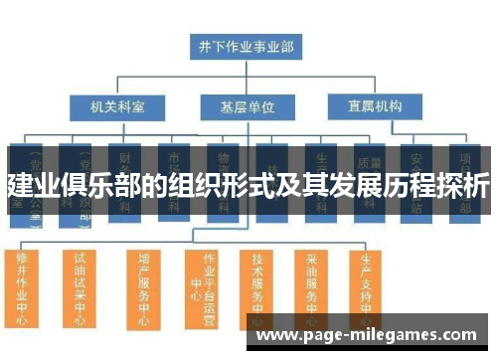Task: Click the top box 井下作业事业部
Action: click(x=247, y=45)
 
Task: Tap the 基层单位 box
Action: click(x=247, y=105)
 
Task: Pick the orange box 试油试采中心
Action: click(x=81, y=286)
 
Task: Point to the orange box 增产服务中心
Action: click(x=144, y=288)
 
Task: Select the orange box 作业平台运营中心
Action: click(x=207, y=288)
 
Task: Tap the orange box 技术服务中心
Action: click(x=259, y=288)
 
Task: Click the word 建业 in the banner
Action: click(x=29, y=183)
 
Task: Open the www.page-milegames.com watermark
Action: click(x=367, y=336)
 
